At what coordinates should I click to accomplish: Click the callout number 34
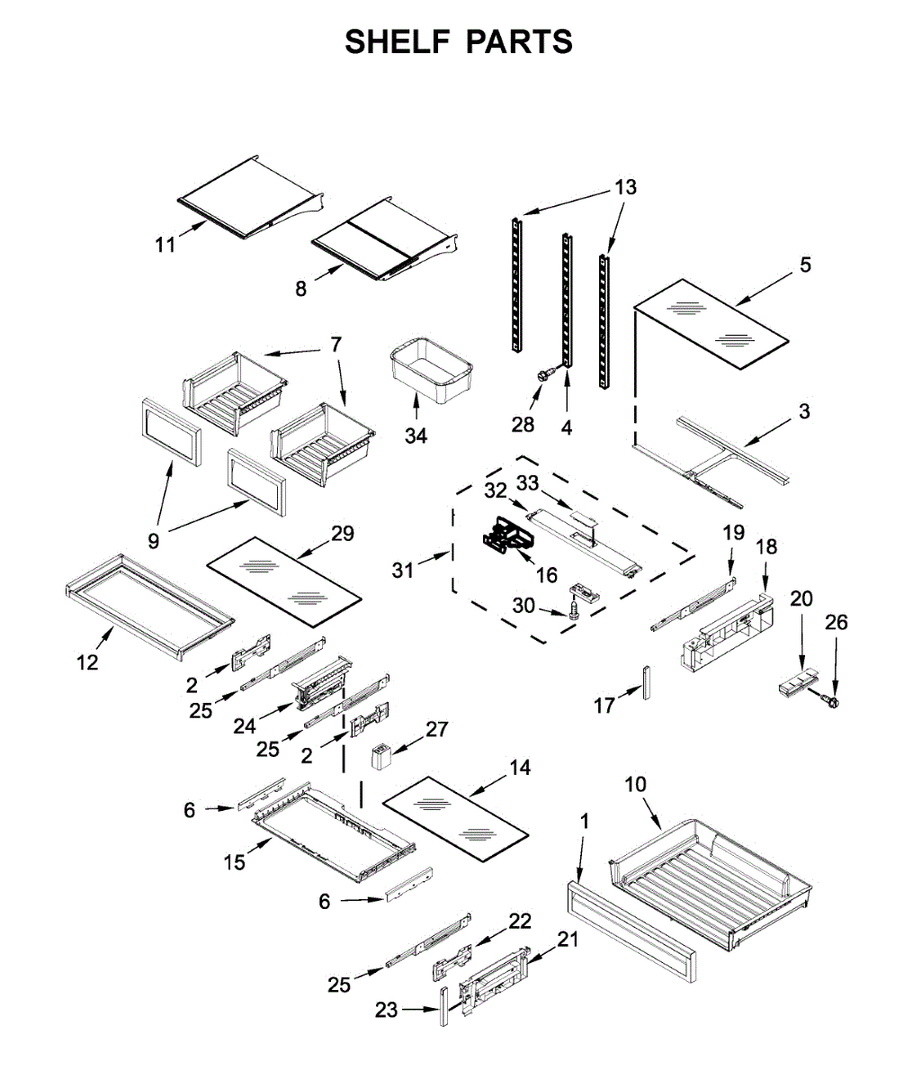416,436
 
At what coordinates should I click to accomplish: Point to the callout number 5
805,265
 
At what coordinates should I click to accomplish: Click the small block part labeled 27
382,752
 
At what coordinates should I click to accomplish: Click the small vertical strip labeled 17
645,682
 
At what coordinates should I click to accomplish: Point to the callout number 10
636,784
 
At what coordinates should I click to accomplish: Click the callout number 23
386,1010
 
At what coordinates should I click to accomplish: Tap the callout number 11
165,244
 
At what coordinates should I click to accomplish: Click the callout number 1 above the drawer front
585,821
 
